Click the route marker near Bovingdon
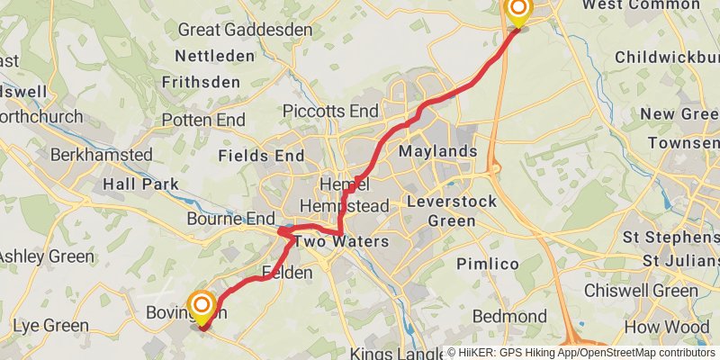click(201, 306)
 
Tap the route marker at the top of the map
click(518, 10)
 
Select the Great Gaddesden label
click(245, 30)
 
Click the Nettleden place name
click(214, 56)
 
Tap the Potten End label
click(203, 120)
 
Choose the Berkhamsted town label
click(101, 155)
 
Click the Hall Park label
click(139, 184)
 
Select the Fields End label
click(261, 156)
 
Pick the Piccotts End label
click(330, 111)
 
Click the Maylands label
click(437, 150)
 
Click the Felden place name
click(287, 272)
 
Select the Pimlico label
click(487, 264)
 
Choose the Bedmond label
click(509, 317)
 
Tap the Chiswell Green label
click(641, 291)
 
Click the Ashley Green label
click(45, 256)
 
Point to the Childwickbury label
click(666, 58)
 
